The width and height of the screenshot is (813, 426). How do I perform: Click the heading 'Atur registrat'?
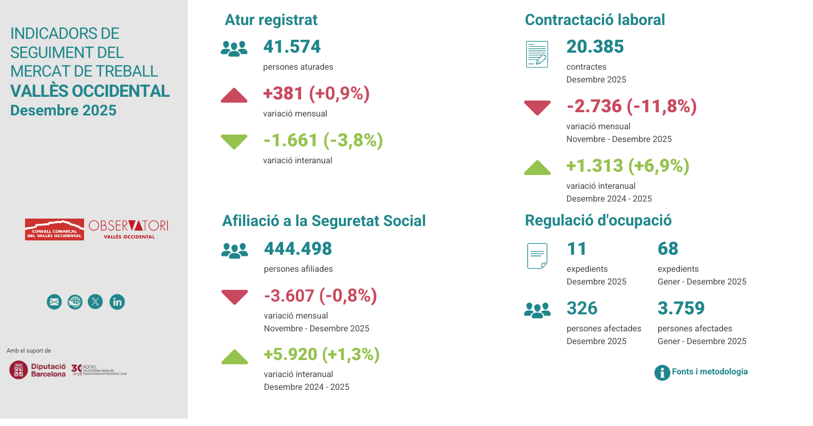tap(271, 20)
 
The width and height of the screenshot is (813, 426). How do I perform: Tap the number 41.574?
tap(292, 47)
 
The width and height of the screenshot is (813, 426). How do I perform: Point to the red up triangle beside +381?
tap(234, 96)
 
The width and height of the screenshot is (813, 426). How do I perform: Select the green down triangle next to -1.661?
tap(234, 141)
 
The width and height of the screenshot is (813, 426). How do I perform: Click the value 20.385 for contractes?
tap(595, 47)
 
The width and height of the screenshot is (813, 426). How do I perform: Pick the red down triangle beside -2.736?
tap(537, 107)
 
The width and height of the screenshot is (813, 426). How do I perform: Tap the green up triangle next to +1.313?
tap(537, 168)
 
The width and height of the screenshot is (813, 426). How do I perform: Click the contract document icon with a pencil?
tap(537, 54)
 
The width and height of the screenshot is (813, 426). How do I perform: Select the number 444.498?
tap(298, 249)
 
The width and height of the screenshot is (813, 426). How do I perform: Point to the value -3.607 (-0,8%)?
tap(320, 296)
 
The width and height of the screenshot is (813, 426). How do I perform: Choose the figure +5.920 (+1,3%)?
tap(322, 355)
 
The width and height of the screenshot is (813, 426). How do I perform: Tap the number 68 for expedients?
tap(668, 249)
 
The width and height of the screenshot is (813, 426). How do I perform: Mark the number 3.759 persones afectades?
tap(681, 308)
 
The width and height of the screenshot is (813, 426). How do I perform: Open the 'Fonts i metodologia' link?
tap(709, 372)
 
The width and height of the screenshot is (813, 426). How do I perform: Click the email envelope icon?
tap(54, 302)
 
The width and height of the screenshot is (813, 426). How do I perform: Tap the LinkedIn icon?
tap(117, 302)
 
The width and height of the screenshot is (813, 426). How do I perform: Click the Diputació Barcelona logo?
tap(38, 370)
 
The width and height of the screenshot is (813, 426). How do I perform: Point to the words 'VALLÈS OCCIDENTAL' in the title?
tap(90, 91)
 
